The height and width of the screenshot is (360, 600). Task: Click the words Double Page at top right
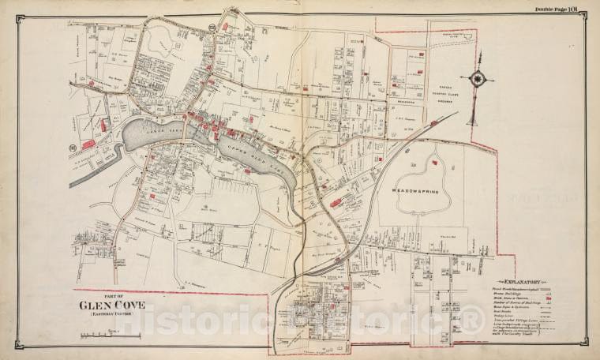[548, 9]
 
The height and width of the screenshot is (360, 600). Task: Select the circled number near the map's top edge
[213, 28]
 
